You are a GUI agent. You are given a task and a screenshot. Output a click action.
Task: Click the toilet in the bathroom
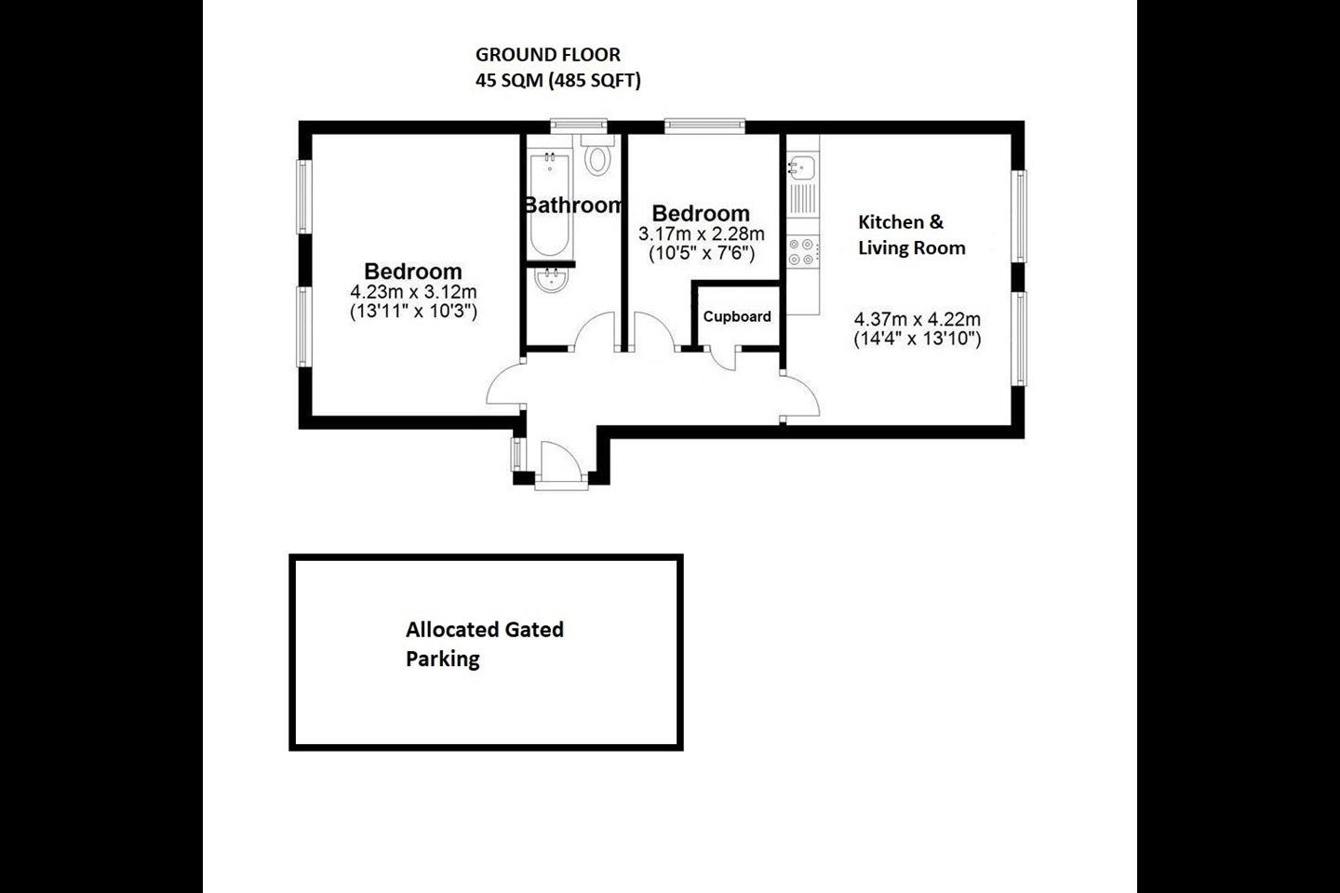click(x=597, y=155)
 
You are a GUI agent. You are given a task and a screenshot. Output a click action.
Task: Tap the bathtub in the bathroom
click(x=550, y=203)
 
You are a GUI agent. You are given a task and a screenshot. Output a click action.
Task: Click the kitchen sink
click(x=801, y=167)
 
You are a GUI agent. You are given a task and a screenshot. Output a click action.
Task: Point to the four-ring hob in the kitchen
click(x=802, y=252)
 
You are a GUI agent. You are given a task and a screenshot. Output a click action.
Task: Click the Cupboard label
click(x=737, y=316)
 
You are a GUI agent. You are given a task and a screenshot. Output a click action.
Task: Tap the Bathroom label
click(x=573, y=206)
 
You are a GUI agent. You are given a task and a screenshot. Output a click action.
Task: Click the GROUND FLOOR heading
click(x=548, y=55)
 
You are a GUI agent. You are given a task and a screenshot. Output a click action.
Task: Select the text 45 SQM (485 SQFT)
click(x=558, y=80)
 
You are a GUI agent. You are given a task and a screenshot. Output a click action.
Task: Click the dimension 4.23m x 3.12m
click(x=413, y=292)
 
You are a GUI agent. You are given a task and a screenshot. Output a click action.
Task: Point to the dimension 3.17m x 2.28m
click(x=701, y=233)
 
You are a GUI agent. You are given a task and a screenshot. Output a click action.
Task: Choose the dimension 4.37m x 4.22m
click(x=918, y=319)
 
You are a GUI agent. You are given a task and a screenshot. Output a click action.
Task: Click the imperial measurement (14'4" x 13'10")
click(x=918, y=340)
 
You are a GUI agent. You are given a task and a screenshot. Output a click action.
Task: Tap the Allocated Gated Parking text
click(x=485, y=644)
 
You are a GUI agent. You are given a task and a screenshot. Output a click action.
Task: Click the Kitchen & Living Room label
click(x=912, y=234)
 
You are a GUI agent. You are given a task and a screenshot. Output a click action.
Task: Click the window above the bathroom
click(x=579, y=125)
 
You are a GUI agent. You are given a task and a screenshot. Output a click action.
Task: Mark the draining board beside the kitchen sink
click(x=802, y=199)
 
